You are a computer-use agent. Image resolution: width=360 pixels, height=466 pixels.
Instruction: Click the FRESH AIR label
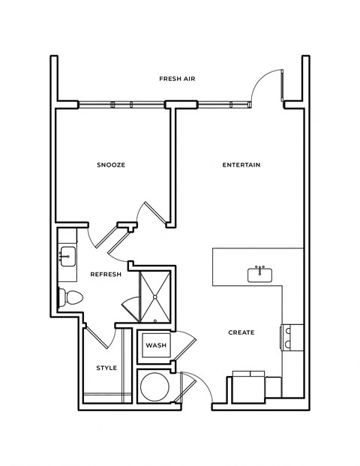177,79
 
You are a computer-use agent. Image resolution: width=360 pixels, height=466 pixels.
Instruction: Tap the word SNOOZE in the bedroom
110,165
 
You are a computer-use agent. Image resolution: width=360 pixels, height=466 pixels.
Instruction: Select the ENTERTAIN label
241,165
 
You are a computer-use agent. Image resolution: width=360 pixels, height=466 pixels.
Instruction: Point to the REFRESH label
106,275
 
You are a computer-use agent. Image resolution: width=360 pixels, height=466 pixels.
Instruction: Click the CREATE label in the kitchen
241,332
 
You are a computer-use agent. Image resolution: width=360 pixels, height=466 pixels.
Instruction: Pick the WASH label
156,345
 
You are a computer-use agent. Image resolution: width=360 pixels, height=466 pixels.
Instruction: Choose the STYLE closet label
106,368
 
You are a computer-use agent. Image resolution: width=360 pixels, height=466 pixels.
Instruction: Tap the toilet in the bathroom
70,297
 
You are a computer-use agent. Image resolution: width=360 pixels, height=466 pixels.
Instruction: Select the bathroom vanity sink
67,257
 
